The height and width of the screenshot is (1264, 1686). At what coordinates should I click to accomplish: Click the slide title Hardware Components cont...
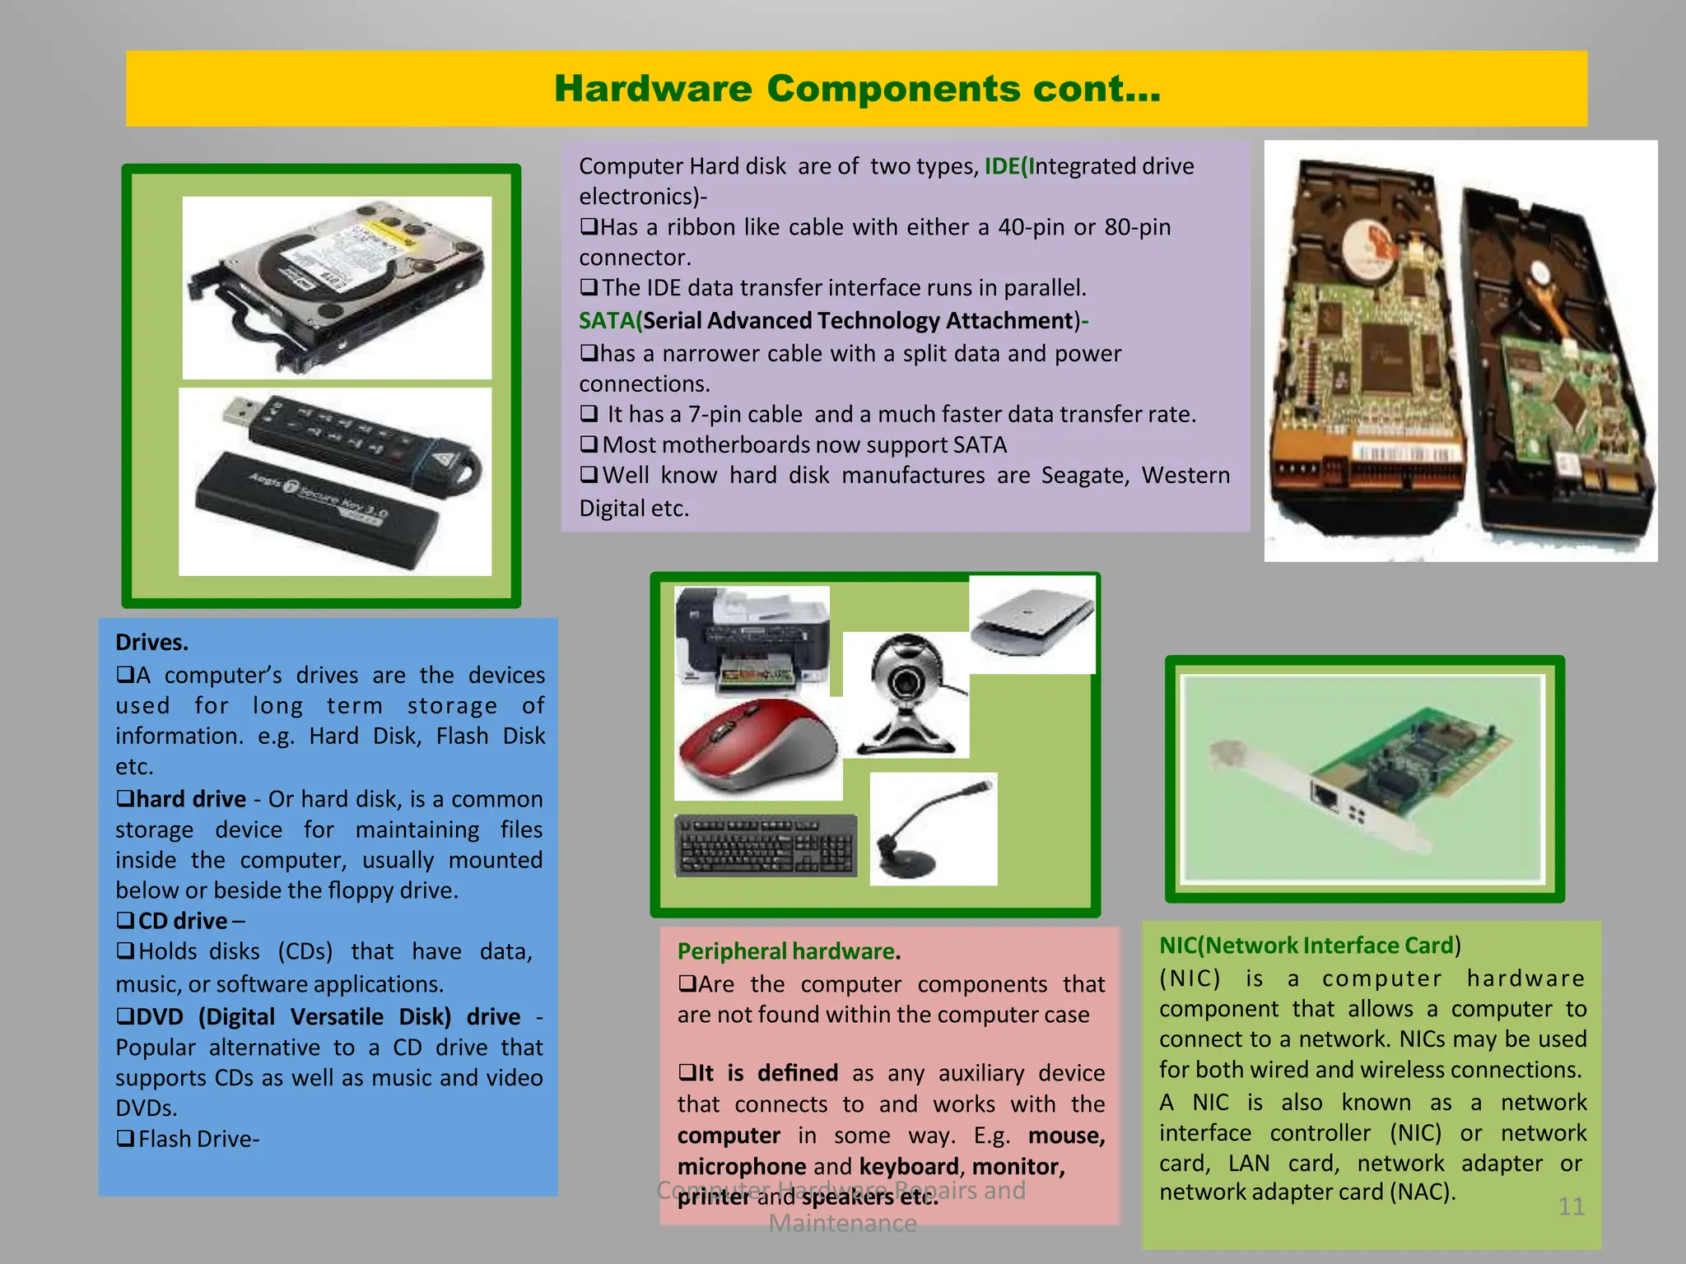point(856,89)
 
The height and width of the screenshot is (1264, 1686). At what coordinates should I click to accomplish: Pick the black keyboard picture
point(766,845)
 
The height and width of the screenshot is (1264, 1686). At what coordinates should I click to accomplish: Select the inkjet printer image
point(751,639)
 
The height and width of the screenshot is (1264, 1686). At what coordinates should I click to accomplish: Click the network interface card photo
point(1363,778)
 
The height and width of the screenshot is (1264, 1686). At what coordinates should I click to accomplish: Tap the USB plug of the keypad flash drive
point(239,409)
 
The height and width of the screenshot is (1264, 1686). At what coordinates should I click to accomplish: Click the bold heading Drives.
point(151,642)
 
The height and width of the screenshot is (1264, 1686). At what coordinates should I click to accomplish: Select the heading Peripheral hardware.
point(788,951)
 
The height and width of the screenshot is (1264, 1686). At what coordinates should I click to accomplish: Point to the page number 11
point(1571,1206)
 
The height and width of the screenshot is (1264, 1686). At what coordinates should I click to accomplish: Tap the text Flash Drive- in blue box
point(198,1139)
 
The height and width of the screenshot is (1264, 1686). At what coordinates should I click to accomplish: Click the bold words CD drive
point(182,921)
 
